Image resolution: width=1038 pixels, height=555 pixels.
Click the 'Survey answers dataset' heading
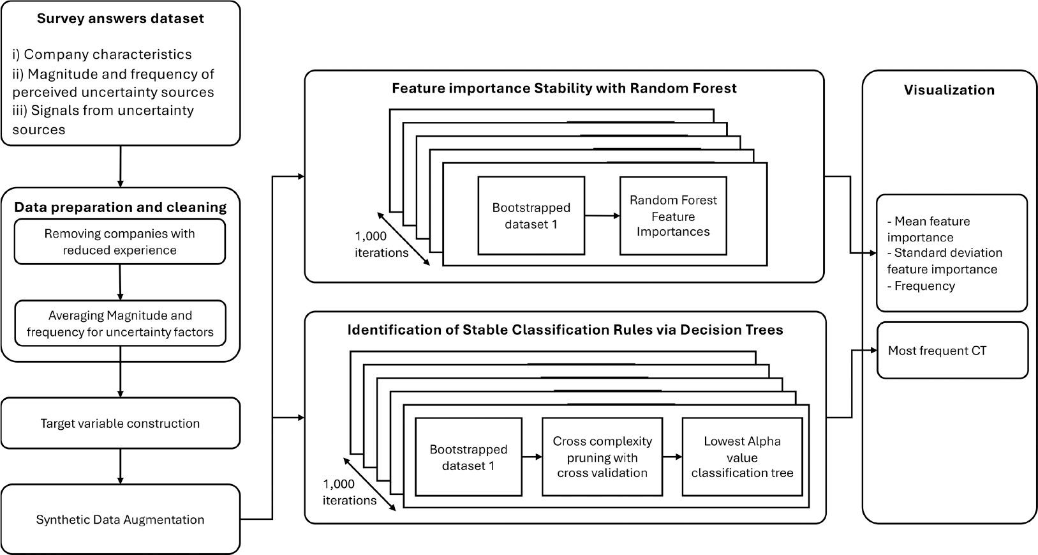[x=121, y=19]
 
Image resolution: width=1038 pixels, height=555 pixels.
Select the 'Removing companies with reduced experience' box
[x=119, y=242]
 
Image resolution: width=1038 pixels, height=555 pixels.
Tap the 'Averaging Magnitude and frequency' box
[x=120, y=323]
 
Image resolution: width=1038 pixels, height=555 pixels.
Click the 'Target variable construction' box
[x=121, y=423]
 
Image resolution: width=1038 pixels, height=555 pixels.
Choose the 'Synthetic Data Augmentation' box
[x=121, y=519]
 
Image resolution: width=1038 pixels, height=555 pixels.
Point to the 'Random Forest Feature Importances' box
[x=673, y=216]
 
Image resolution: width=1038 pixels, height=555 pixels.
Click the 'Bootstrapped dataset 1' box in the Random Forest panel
[x=531, y=216]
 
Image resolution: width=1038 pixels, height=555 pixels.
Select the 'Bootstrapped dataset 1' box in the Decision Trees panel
[x=468, y=457]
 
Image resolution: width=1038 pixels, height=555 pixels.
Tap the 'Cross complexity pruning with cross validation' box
[x=602, y=457]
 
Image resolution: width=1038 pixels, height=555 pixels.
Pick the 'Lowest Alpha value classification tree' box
[x=743, y=457]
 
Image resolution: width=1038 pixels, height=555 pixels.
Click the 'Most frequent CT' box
[x=953, y=351]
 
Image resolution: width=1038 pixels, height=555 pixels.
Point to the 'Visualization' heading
[x=949, y=90]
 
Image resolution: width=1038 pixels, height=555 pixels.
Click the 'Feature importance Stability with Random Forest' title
[x=564, y=88]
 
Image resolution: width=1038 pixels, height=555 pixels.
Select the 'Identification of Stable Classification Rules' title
[x=565, y=330]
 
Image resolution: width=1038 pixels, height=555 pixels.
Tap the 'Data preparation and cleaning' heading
[x=121, y=207]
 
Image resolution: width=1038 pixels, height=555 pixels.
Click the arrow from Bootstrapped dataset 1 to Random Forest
[x=602, y=216]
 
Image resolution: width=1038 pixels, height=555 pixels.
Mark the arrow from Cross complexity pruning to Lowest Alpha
[x=672, y=457]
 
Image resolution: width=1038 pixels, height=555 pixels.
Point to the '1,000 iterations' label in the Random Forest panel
[x=382, y=244]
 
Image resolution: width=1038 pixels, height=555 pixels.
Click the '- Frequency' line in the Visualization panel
[x=921, y=286]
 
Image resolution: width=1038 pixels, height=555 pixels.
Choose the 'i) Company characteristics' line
[x=102, y=54]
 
